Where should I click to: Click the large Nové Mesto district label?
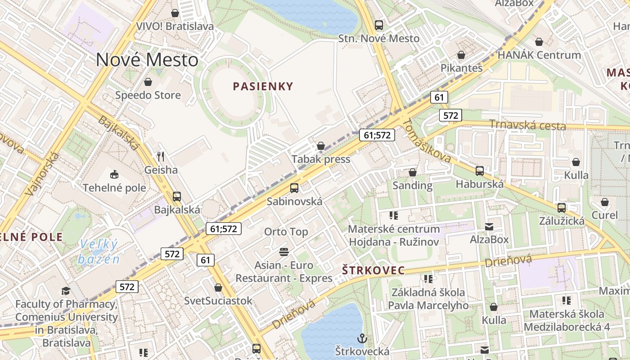click(147, 60)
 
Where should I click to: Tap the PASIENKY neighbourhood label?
click(263, 86)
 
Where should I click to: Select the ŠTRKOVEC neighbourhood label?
click(373, 270)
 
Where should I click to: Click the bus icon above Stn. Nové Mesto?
click(379, 25)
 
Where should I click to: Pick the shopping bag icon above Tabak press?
click(321, 146)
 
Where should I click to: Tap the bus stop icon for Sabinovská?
click(294, 188)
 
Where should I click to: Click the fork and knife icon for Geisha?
click(161, 157)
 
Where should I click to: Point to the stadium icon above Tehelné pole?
click(114, 174)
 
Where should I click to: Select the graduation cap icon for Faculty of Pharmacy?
click(66, 291)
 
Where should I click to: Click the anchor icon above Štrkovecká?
click(362, 337)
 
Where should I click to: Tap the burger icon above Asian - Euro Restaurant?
click(283, 252)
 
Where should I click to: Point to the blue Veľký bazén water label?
click(99, 252)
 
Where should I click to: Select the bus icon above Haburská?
click(480, 171)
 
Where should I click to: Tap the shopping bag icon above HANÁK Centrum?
click(539, 42)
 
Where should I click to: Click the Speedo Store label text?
click(148, 95)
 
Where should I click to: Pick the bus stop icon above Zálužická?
click(562, 207)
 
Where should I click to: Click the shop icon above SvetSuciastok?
click(218, 287)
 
